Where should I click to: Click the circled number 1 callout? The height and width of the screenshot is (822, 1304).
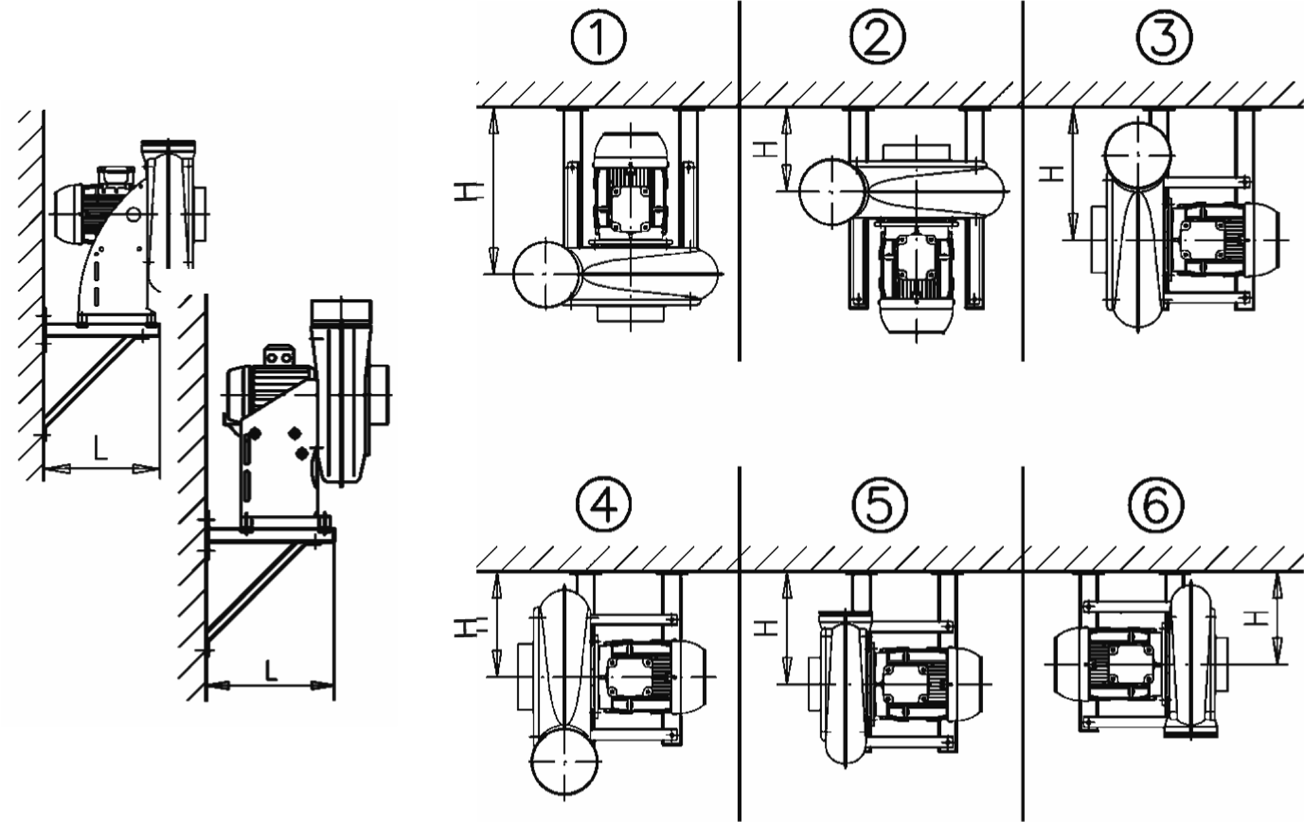(598, 37)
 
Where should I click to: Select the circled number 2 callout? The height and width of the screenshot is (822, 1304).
(878, 37)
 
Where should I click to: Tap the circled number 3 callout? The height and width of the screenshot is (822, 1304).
(1163, 37)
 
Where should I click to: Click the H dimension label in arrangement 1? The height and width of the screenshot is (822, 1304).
(469, 190)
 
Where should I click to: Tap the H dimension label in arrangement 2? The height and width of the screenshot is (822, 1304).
(765, 148)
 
